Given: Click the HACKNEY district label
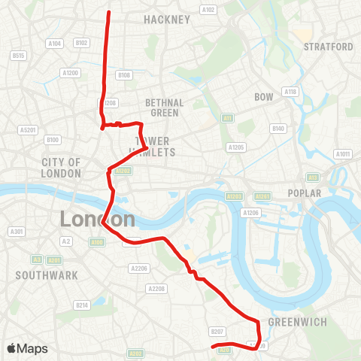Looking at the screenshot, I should [x=167, y=20].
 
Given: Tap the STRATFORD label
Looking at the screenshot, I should [x=328, y=47].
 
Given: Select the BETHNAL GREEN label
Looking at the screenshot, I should [x=163, y=108].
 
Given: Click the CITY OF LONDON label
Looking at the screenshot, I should [x=62, y=168].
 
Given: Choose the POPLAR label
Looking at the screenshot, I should [x=304, y=193].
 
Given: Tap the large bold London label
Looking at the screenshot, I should [x=98, y=220].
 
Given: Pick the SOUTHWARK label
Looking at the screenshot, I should [x=47, y=275].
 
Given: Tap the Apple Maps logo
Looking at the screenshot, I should [x=28, y=348].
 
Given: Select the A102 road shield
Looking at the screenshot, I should [x=208, y=10].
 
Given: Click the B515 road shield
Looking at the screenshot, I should [x=18, y=56].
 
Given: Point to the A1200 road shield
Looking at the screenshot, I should [x=70, y=73].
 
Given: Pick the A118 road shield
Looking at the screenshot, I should [x=290, y=91].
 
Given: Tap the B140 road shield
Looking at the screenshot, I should [x=278, y=129].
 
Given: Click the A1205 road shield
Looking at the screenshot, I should [x=236, y=147].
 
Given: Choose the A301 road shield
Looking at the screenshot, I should [x=17, y=231].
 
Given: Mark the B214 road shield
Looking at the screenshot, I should [x=82, y=305].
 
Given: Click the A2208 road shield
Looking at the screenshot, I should [x=156, y=289].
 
